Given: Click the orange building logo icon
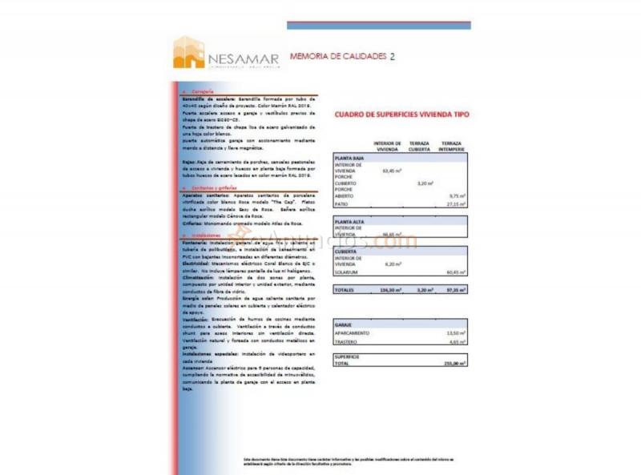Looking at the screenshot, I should (189, 52).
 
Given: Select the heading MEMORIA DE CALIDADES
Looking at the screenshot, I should (337, 57).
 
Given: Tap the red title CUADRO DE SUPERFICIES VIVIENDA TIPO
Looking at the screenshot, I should (401, 115).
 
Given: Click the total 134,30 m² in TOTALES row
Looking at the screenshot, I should (391, 289).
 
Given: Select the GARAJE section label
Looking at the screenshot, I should (345, 324).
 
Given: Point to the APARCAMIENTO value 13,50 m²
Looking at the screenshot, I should (456, 332).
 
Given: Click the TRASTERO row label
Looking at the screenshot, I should (348, 342).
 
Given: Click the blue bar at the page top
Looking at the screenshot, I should (378, 25).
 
